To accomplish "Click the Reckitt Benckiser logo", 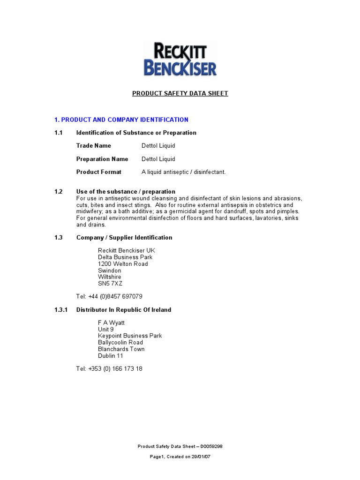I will [x=180, y=60].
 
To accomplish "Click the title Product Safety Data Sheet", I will [x=180, y=93].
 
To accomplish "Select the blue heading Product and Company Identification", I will [x=121, y=120].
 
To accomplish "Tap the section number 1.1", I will [x=58, y=133].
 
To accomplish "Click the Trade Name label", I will [x=94, y=146].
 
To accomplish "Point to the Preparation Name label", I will [x=102, y=159].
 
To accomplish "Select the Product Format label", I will [x=99, y=172].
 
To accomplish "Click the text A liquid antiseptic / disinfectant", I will [x=184, y=172].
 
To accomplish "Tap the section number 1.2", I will [x=58, y=191].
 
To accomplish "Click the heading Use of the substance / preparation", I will [x=126, y=191].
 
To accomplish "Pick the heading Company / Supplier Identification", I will [x=124, y=238].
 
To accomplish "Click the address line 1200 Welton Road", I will [x=123, y=264].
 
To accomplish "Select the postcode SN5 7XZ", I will [x=110, y=284].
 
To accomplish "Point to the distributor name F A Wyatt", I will [x=111, y=323].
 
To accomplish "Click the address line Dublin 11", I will [x=111, y=356].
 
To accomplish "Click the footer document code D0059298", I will [x=215, y=447].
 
